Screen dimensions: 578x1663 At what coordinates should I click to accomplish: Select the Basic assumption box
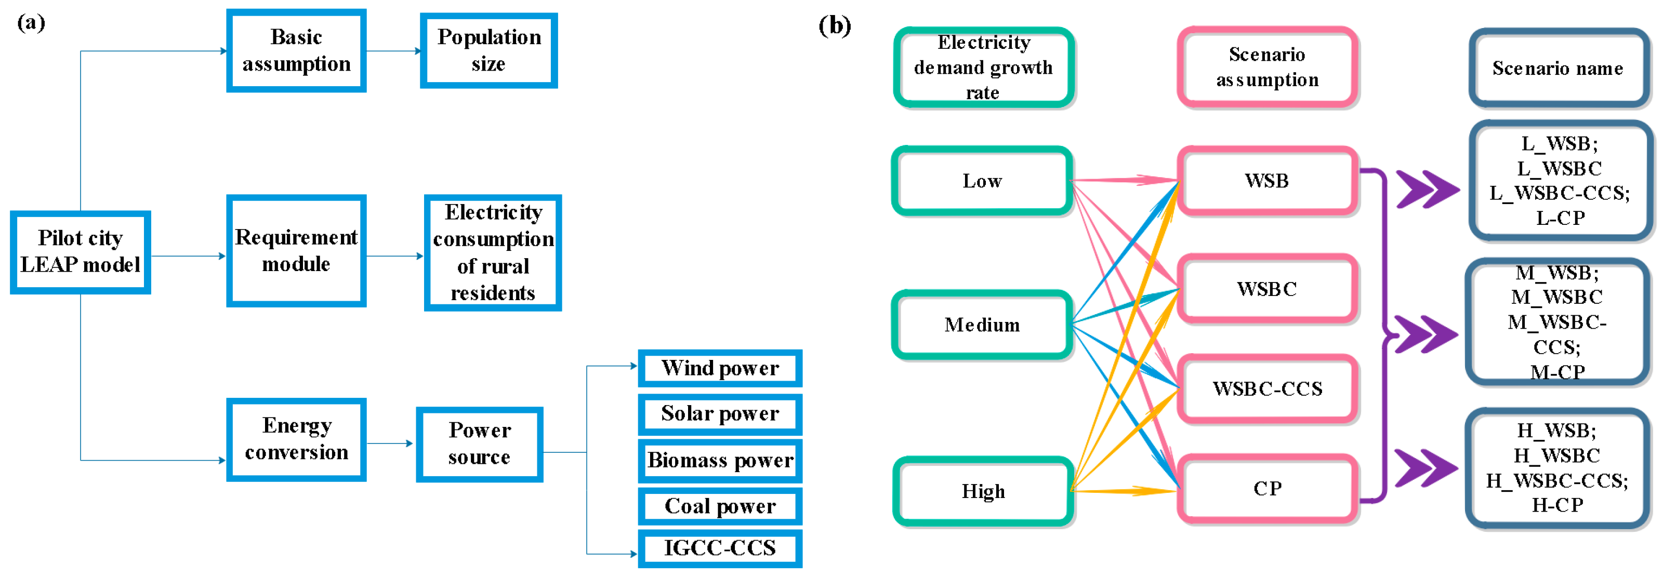coord(296,50)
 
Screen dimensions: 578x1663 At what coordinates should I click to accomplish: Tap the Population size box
coord(489,50)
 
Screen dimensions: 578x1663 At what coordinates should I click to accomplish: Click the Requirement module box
coord(296,250)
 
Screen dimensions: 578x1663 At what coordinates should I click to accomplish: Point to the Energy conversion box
coord(296,439)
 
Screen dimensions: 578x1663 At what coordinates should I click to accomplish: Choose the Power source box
coord(479,444)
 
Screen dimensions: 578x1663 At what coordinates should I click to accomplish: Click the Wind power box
coord(720,368)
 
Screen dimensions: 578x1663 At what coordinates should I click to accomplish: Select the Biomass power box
coord(720,461)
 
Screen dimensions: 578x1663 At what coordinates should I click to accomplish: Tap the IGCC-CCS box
coord(720,548)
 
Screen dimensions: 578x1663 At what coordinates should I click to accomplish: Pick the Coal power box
coord(720,506)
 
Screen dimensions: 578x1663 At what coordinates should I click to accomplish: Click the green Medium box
coord(982,325)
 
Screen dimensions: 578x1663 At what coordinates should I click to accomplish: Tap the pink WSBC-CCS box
coord(1268,388)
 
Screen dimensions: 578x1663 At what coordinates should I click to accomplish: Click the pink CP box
coord(1268,488)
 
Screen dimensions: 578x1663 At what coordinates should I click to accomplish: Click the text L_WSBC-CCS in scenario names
coord(1560,193)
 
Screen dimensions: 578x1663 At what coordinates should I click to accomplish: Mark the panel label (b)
coord(835,26)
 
